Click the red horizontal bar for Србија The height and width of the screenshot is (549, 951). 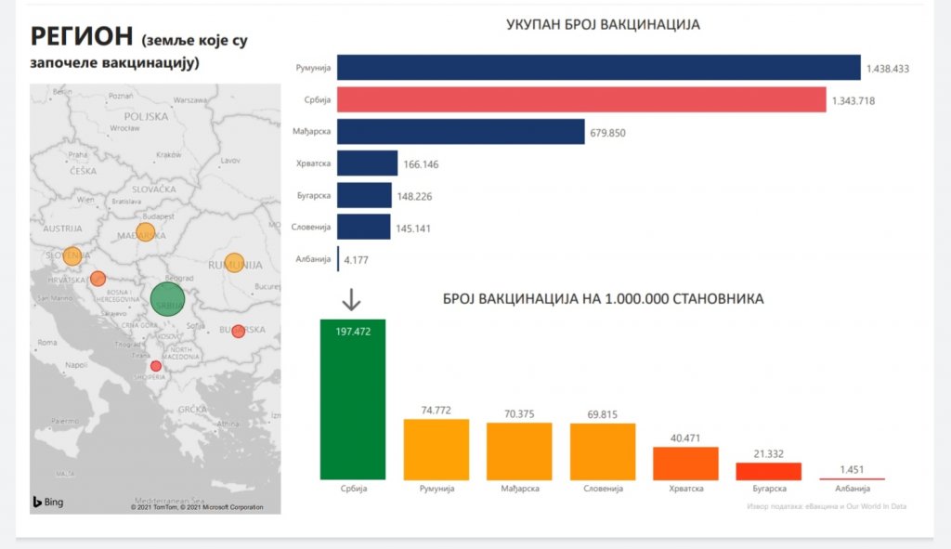point(581,99)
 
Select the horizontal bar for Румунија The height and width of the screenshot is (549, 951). point(598,68)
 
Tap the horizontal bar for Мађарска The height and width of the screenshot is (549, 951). point(461,132)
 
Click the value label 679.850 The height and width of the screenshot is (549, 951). point(607,133)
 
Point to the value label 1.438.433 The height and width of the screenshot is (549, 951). point(887,69)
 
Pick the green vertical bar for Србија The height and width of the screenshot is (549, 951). point(352,399)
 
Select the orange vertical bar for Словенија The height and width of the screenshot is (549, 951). point(603,451)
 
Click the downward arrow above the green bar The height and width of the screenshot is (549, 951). point(351,300)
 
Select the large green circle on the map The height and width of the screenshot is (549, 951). point(167,300)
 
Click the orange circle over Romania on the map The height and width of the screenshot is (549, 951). point(234,263)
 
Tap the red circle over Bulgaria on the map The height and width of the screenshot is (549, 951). point(238,331)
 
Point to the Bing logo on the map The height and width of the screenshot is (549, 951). point(47,502)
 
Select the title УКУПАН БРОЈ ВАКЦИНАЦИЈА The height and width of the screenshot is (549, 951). point(603,25)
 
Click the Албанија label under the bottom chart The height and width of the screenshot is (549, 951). point(853,489)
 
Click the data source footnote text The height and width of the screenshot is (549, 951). point(826,506)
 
